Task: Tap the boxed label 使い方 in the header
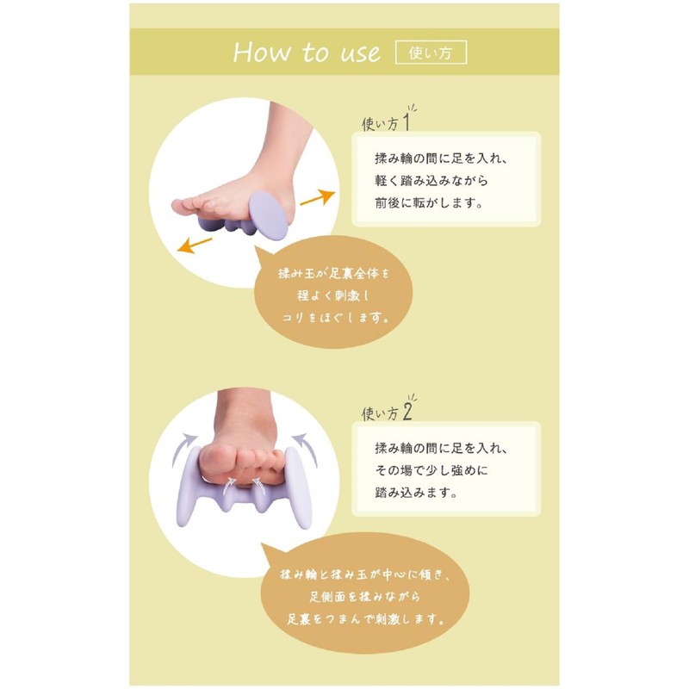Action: click(430, 52)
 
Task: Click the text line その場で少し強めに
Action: click(435, 472)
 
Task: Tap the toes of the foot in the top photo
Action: click(185, 207)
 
